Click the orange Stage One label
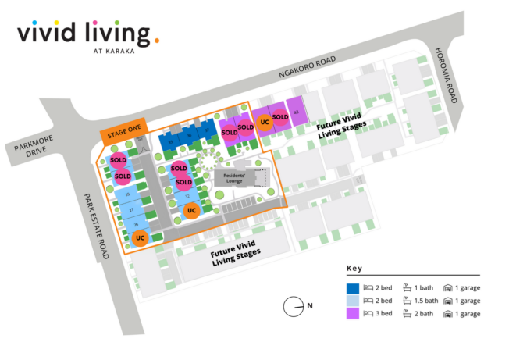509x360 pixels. [123, 133]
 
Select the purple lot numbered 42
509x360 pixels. [297, 112]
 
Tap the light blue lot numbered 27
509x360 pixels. [131, 210]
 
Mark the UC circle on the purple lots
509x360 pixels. [265, 122]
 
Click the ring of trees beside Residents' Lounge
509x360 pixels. [207, 162]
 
